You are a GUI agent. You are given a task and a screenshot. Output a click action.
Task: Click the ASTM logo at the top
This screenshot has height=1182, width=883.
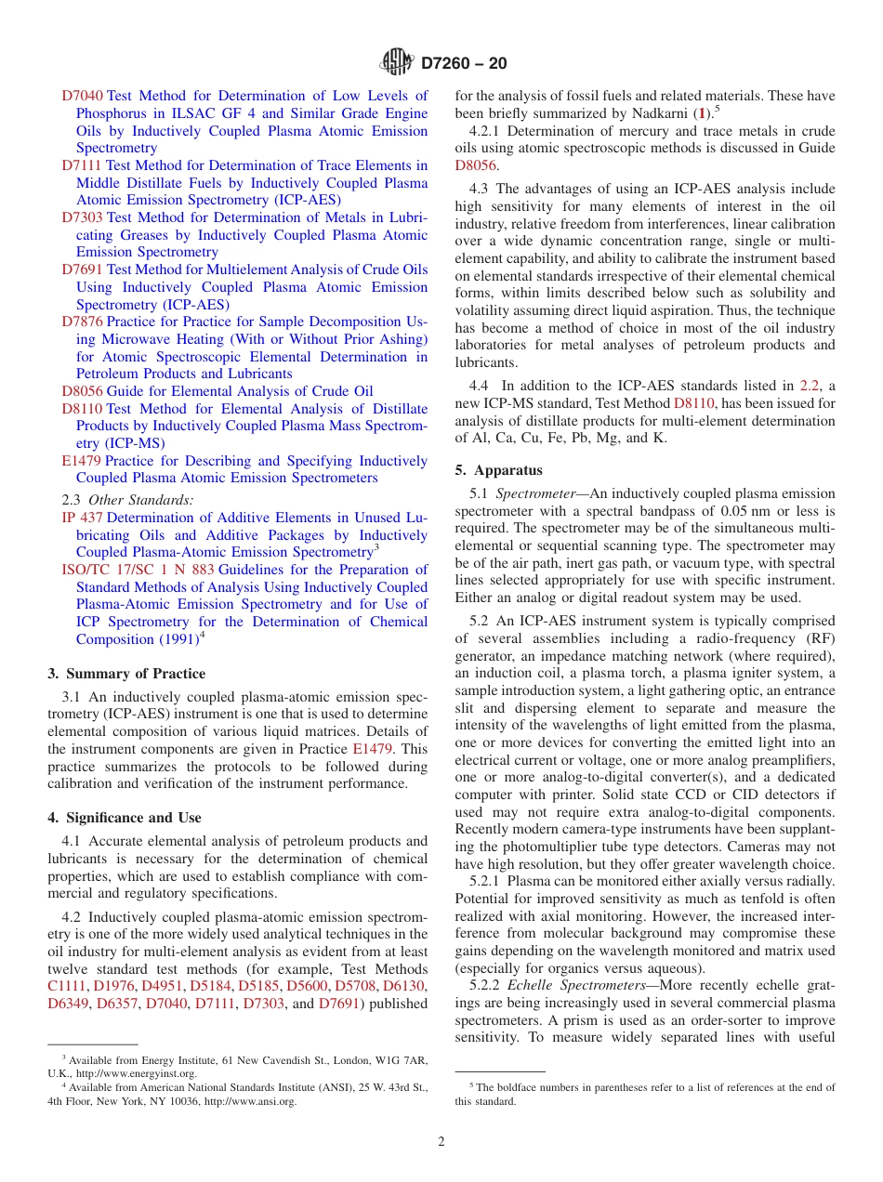397,63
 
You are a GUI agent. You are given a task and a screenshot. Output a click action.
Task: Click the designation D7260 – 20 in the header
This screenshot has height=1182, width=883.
464,64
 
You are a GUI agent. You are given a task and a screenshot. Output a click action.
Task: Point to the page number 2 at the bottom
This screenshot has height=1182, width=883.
441,1141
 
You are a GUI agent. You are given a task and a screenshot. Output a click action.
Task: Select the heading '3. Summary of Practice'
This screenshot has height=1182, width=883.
126,674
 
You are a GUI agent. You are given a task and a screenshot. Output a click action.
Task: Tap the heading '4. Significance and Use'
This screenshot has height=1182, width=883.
125,818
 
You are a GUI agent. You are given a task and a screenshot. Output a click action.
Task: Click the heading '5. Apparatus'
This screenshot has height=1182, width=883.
498,470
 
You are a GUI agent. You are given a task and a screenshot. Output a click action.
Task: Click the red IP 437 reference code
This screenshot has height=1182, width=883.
82,518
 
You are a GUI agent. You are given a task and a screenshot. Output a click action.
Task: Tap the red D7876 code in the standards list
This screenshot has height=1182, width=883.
82,322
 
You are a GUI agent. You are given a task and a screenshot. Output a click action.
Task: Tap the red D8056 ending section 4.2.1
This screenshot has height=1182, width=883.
476,165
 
